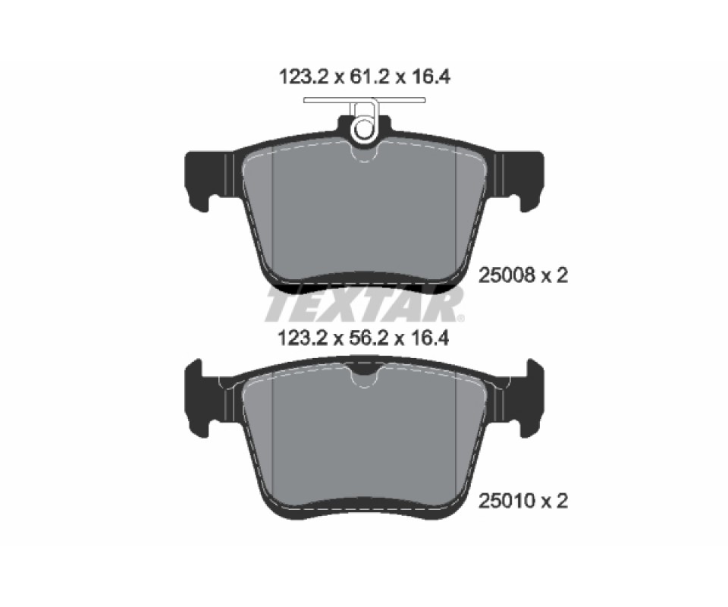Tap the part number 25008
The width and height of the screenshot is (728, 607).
(x=505, y=276)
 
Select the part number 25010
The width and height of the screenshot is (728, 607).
(x=505, y=501)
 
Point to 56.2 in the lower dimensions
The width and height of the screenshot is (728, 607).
(x=364, y=338)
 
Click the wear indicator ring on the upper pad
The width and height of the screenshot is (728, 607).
(x=364, y=129)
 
